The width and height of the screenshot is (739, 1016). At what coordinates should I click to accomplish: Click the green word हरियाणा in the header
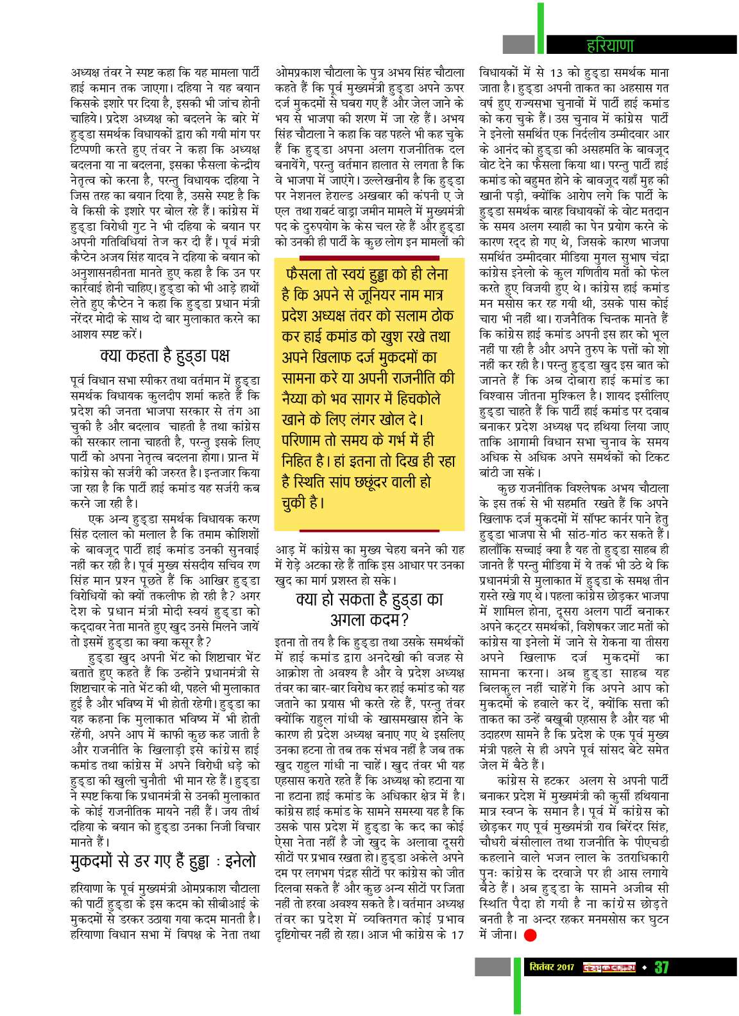[610, 45]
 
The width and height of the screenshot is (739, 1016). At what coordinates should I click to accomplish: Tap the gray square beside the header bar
[518, 44]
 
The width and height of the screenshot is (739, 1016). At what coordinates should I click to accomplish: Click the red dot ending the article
[530, 935]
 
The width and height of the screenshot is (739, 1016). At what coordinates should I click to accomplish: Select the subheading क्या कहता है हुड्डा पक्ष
[165, 356]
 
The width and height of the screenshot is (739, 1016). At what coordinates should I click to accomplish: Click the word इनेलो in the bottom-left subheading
[235, 861]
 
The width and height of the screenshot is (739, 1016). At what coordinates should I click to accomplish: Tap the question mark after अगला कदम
[404, 620]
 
